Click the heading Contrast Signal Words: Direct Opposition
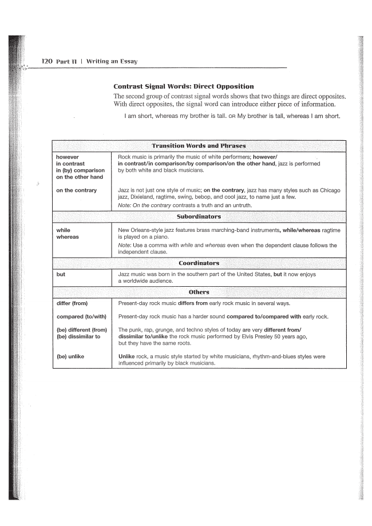[184, 86]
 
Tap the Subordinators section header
[199, 217]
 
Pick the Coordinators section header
[199, 263]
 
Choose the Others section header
[199, 292]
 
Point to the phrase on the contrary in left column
[76, 190]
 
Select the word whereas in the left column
[68, 236]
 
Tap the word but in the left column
[61, 275]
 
